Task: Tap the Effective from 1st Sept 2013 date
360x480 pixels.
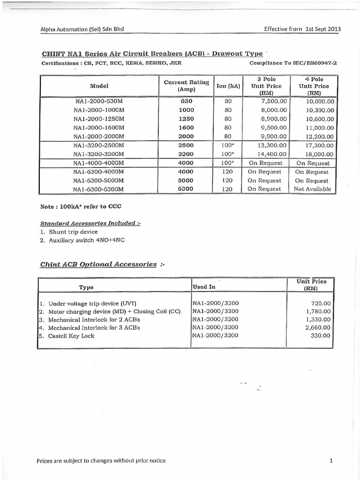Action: (x=303, y=29)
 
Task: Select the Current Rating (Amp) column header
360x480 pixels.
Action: (x=186, y=86)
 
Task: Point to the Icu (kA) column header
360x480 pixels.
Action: (x=227, y=86)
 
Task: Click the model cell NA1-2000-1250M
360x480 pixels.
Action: (x=99, y=119)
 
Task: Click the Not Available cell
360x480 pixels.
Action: (x=312, y=189)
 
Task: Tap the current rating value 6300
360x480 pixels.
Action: (x=186, y=189)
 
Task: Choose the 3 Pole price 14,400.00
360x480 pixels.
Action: (x=265, y=154)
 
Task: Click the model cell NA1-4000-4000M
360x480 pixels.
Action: (x=99, y=163)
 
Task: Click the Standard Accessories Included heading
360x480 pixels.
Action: (x=90, y=223)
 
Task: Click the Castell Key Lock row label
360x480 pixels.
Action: (x=71, y=336)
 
